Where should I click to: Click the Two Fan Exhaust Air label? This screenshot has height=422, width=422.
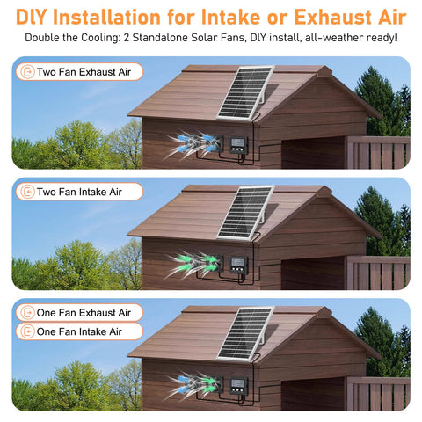click(79, 72)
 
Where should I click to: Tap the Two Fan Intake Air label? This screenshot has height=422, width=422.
click(79, 192)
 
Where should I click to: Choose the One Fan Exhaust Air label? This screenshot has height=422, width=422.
click(79, 313)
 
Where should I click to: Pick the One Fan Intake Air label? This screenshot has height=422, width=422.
click(79, 331)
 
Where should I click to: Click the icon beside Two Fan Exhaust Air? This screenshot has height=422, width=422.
click(27, 72)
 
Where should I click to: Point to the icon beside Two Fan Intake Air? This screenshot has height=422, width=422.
click(27, 192)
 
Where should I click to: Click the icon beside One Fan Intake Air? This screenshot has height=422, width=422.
click(27, 331)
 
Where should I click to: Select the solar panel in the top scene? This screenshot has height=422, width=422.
click(245, 92)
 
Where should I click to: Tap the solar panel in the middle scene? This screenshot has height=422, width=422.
click(245, 213)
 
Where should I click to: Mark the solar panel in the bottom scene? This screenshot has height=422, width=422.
click(245, 334)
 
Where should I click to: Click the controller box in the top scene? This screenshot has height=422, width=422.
click(238, 145)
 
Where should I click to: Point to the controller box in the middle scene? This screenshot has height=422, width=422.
click(238, 265)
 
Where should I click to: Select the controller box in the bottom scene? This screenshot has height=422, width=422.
click(238, 386)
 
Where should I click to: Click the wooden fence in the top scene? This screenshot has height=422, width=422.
click(378, 152)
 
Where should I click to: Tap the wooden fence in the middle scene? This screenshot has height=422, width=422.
click(378, 273)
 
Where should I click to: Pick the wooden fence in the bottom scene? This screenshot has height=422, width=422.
click(378, 394)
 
